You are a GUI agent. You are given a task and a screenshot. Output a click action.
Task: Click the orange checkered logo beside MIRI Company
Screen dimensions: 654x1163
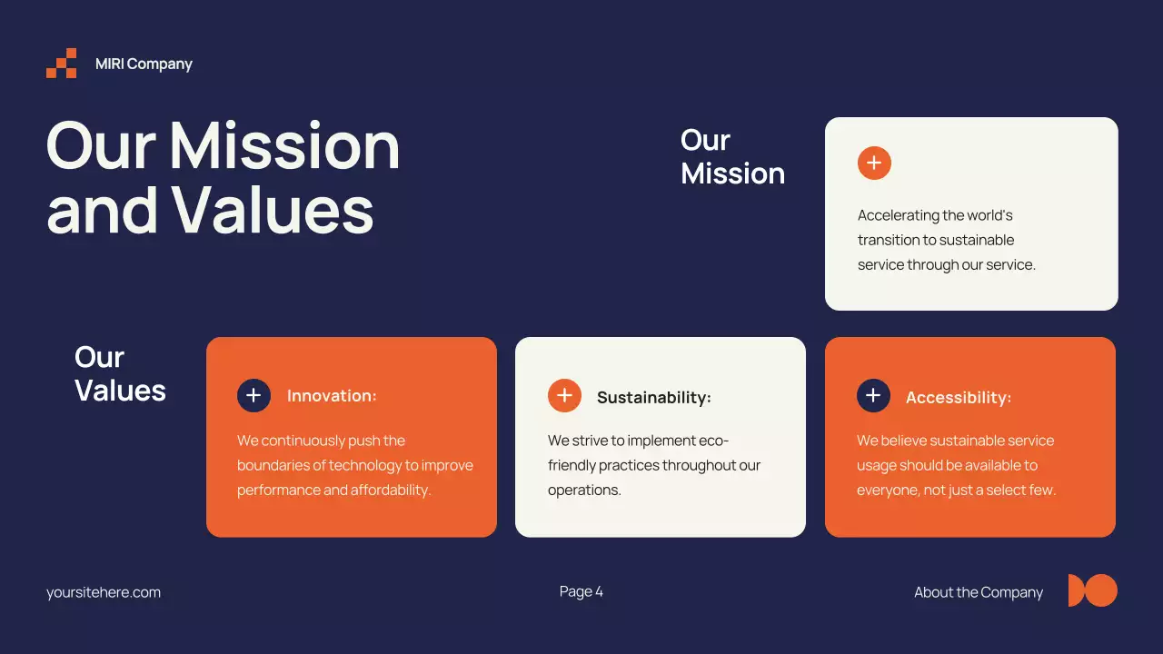(62, 64)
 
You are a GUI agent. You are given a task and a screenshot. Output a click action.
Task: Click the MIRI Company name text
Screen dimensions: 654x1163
(144, 64)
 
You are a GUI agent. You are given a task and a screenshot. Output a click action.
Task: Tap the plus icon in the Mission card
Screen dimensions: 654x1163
(874, 163)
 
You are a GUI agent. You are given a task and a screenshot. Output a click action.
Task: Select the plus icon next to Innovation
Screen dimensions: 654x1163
(253, 396)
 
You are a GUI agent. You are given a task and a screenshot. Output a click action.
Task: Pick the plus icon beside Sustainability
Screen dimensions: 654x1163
(564, 396)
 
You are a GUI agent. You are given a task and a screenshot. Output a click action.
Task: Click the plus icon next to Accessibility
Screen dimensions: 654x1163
(873, 396)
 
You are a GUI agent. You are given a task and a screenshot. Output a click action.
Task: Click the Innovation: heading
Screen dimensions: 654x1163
(332, 396)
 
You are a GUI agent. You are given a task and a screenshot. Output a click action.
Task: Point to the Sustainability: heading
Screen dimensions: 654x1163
(653, 398)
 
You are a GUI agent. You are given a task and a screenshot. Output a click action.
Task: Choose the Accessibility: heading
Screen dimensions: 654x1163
(958, 398)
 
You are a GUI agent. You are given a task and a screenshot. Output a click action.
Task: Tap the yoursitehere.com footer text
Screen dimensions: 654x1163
(104, 592)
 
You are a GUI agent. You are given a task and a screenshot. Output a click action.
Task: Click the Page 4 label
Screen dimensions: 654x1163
(581, 592)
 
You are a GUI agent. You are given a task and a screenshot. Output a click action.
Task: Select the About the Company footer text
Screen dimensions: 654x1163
(978, 592)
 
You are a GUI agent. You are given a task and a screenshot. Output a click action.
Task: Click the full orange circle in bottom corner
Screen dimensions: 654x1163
(1102, 590)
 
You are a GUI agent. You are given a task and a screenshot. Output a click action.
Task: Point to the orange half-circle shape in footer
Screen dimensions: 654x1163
(1075, 590)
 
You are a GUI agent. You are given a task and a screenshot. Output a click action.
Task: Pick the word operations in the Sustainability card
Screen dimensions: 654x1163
(582, 490)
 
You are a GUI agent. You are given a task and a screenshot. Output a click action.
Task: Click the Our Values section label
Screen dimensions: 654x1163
(120, 373)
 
